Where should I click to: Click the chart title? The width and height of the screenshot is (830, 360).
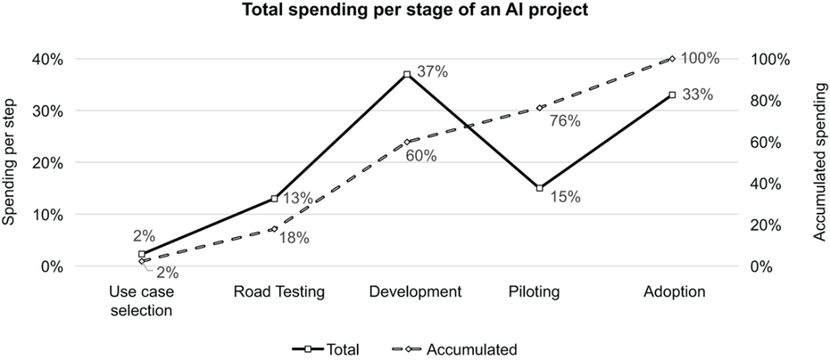point(414,11)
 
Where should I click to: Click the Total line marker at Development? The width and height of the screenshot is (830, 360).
point(407,75)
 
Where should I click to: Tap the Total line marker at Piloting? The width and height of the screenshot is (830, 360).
point(539,188)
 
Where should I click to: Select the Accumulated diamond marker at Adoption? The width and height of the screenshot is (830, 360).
point(672,59)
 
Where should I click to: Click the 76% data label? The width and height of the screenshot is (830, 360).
point(564,121)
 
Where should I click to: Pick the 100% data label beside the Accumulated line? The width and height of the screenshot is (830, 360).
point(699,58)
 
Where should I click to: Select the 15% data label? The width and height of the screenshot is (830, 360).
point(564,197)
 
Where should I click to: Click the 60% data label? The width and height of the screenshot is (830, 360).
point(421,156)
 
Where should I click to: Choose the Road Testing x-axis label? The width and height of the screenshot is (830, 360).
point(279,292)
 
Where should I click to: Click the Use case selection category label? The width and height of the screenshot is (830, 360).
point(141,300)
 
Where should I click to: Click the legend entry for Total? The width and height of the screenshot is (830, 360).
point(325,349)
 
